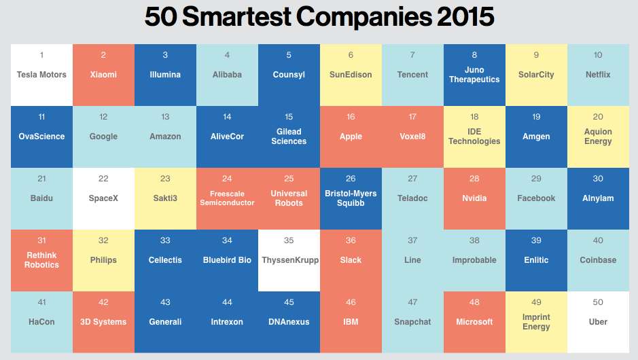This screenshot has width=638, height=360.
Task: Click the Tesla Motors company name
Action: tap(42, 75)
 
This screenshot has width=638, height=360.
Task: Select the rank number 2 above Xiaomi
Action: tap(103, 55)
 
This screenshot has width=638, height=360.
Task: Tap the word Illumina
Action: tap(165, 75)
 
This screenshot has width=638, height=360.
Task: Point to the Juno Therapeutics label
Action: tap(474, 75)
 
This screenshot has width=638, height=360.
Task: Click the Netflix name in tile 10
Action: tap(598, 75)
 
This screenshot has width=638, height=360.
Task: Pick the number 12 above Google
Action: tap(103, 117)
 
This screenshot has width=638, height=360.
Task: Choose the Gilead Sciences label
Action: tap(289, 137)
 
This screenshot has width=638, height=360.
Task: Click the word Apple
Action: tap(351, 137)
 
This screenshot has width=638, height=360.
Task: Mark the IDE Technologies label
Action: tap(474, 137)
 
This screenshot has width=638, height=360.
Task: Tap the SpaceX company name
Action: tap(103, 198)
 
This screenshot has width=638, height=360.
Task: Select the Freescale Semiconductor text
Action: tap(227, 198)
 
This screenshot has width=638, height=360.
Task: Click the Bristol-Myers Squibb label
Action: tap(351, 198)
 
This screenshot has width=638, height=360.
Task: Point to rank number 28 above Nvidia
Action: tap(474, 179)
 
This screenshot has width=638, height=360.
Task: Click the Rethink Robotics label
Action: tap(42, 260)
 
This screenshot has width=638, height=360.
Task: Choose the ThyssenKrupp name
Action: tap(289, 260)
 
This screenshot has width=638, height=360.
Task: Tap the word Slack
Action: tap(351, 260)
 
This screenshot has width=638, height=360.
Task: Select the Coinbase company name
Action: tap(598, 260)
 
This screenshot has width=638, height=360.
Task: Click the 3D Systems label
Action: tap(103, 322)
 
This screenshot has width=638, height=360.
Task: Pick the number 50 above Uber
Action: tap(598, 302)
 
